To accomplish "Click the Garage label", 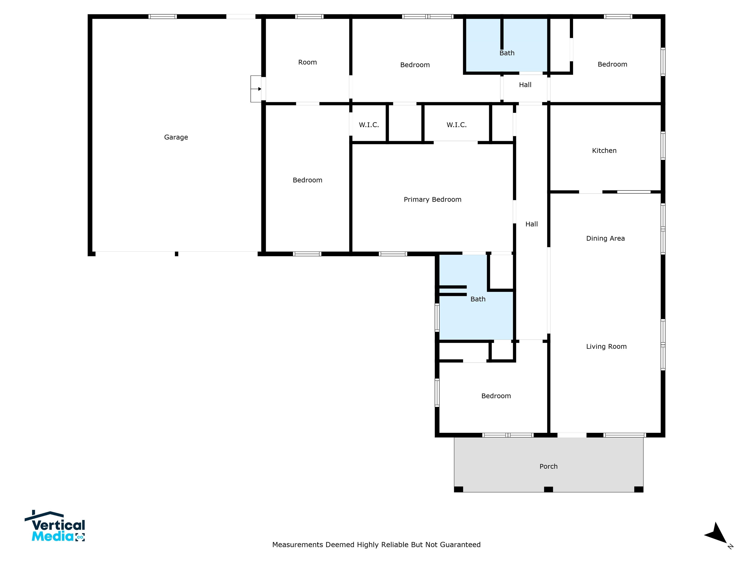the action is point(176,137).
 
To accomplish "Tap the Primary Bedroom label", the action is point(432,200).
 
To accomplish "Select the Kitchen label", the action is point(604,151).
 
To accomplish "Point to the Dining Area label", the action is point(605,239).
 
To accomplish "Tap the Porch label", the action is point(548,466).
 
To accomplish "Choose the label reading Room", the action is point(307,62).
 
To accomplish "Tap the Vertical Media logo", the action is point(55,526).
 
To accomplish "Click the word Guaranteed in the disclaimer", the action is point(460,545).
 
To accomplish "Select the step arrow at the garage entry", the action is point(256,89).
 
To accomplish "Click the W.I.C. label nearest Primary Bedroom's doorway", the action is point(456,125).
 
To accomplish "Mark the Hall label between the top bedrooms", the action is point(525,85).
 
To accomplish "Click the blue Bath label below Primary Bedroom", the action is point(478,299).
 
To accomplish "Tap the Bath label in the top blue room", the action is point(507,53).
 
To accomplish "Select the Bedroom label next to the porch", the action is point(496,396).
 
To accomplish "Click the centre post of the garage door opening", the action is point(176,254).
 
